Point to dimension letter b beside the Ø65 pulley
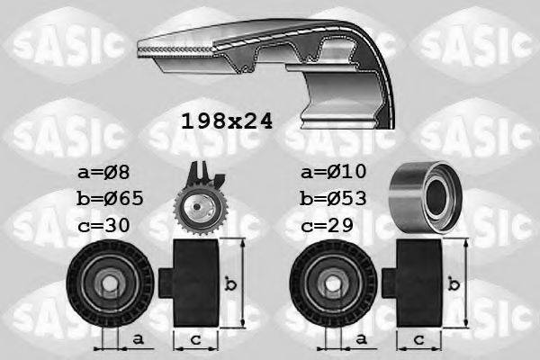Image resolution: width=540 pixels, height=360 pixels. (231, 284)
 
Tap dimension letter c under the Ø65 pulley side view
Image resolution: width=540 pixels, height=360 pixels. (195, 339)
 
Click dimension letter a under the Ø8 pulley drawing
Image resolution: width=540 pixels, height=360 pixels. (137, 339)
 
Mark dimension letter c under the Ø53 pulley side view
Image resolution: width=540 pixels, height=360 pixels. (419, 339)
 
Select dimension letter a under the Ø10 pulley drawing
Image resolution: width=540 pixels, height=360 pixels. (362, 339)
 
